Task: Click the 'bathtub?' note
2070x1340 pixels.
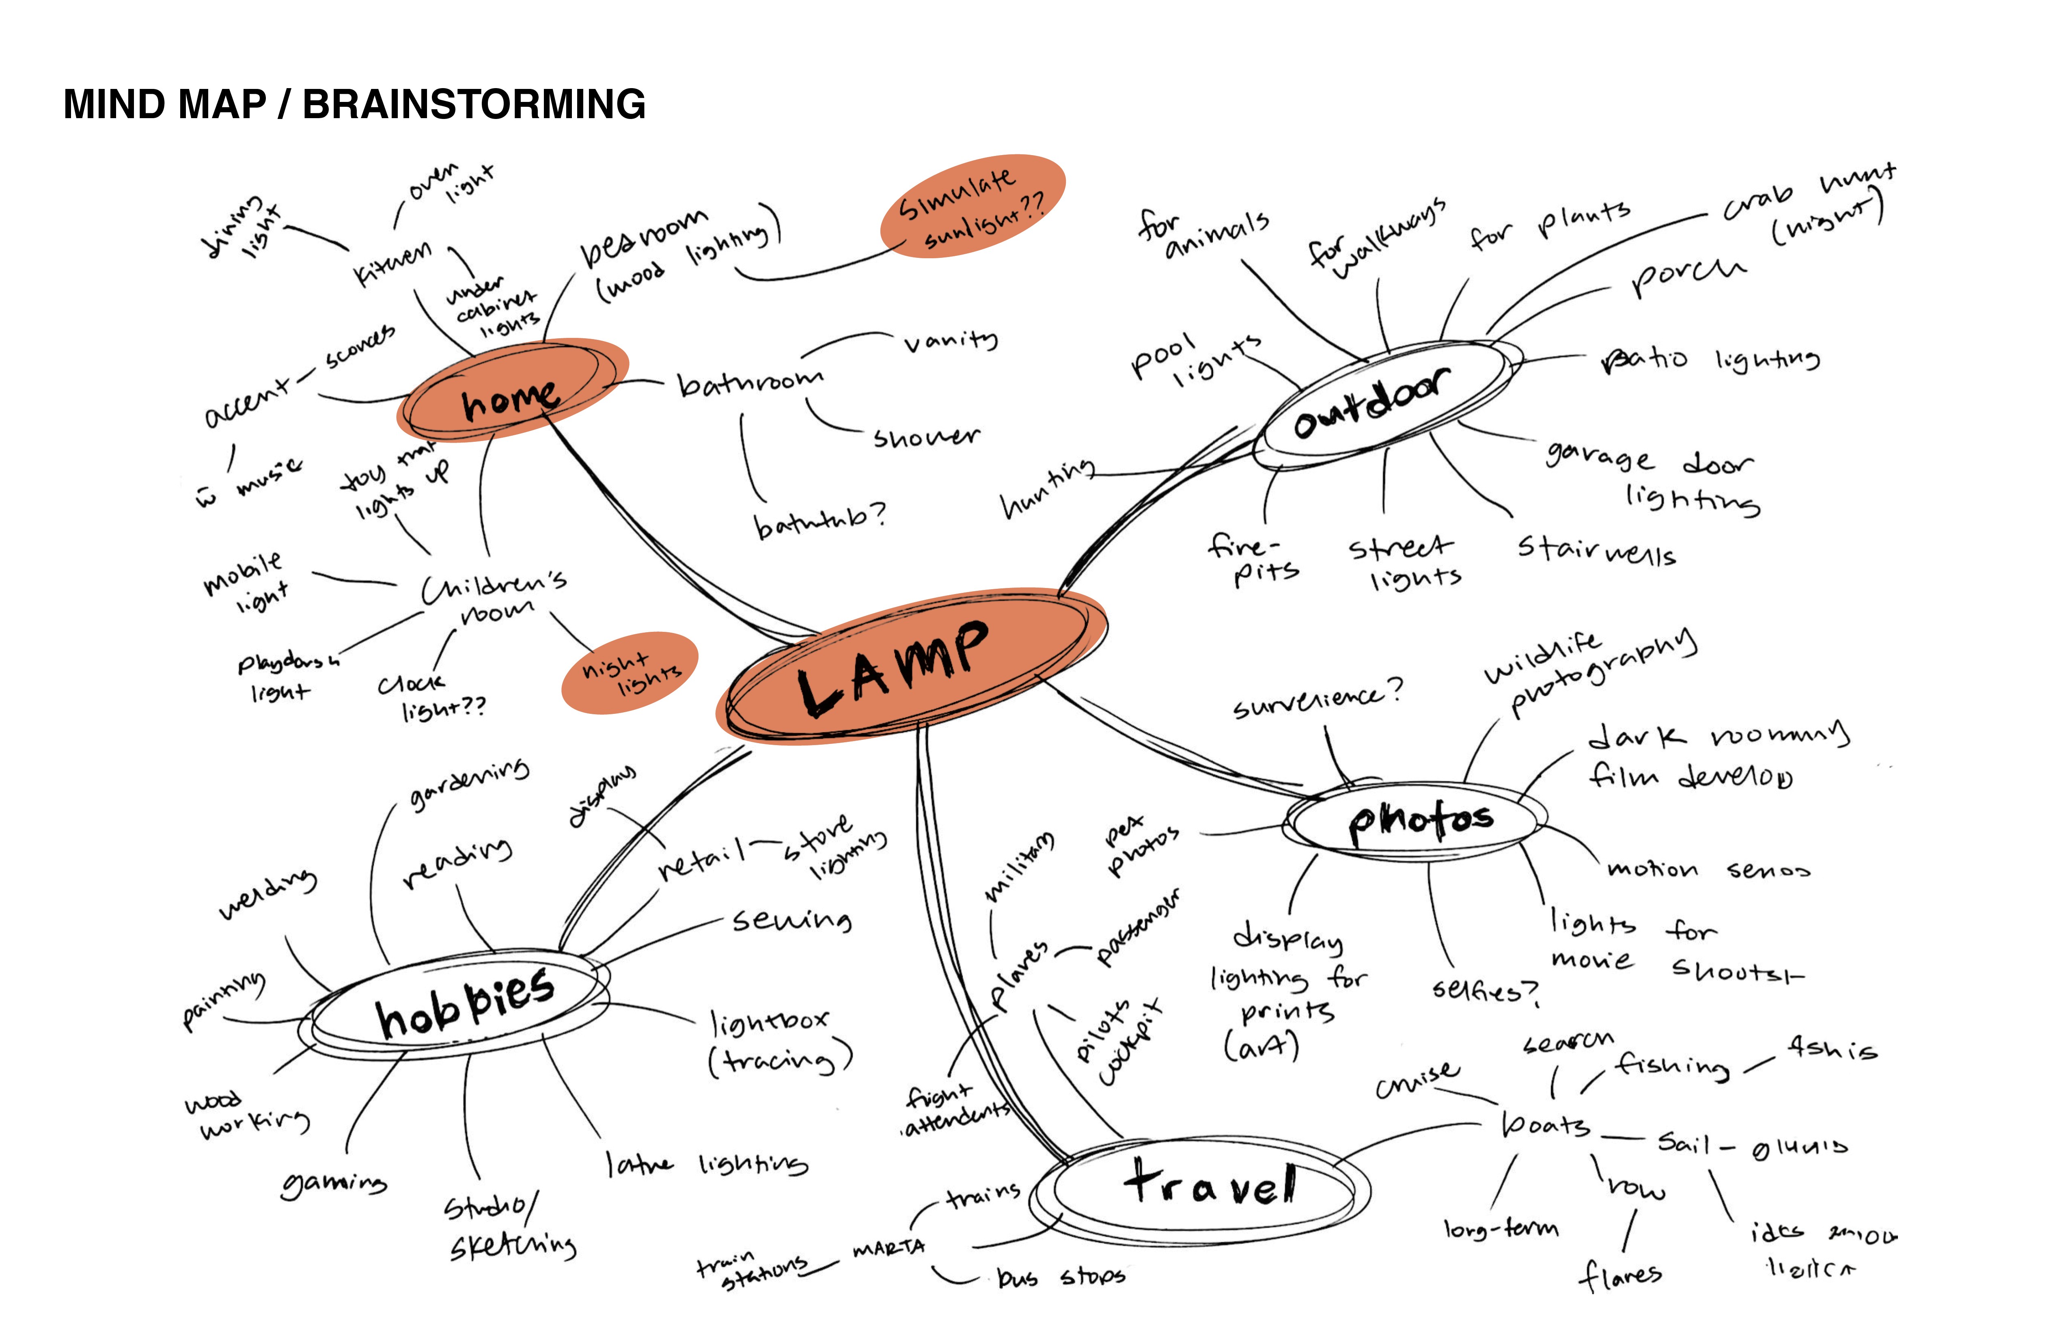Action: click(x=817, y=520)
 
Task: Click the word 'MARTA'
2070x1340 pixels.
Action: click(x=889, y=1249)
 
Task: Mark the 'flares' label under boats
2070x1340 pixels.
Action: click(x=1619, y=1275)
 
